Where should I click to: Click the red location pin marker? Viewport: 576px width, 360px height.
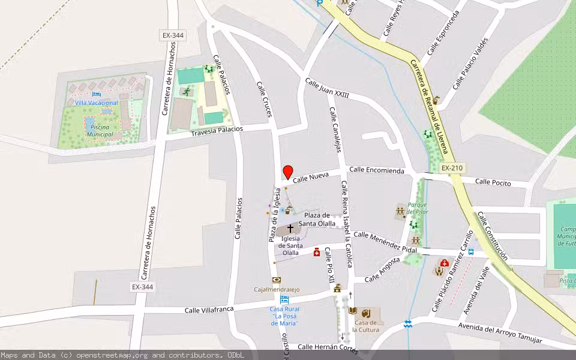click(288, 172)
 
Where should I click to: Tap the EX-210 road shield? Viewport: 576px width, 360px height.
click(451, 168)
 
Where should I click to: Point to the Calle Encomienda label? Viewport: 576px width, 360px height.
click(377, 170)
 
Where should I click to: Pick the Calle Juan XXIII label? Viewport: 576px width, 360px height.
click(327, 90)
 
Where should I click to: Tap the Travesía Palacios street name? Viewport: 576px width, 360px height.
click(217, 131)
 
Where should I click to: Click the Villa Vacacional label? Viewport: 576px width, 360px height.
click(97, 103)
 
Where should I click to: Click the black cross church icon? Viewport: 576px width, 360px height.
click(291, 229)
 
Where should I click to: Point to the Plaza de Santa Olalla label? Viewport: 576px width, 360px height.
click(317, 220)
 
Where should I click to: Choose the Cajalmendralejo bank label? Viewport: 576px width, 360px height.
click(277, 290)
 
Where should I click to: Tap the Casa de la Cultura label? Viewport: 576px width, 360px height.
click(365, 326)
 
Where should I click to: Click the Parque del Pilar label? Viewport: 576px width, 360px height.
click(417, 208)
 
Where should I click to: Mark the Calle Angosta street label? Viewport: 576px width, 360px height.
click(382, 270)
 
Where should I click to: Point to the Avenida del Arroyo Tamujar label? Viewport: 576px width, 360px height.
click(500, 334)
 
